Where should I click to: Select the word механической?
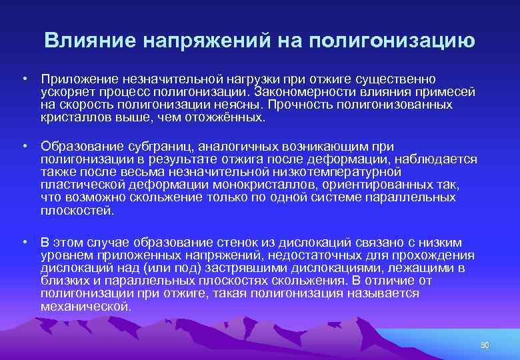coord(85,306)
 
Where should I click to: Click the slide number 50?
coord(485,345)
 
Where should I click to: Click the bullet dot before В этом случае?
coord(23,243)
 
